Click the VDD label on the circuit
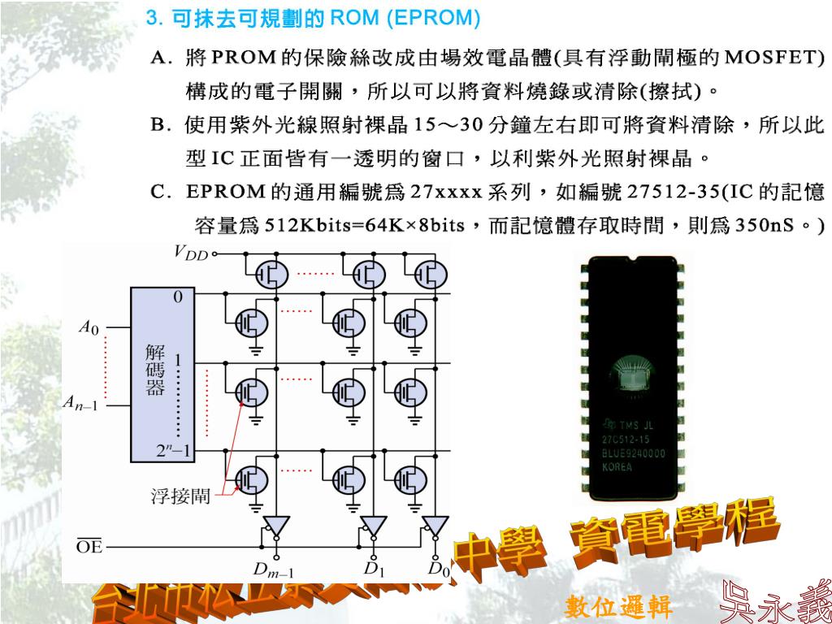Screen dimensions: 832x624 pyautogui.click(x=191, y=252)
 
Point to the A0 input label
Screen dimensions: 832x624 pyautogui.click(x=88, y=328)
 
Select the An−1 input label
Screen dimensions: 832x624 pyautogui.click(x=81, y=403)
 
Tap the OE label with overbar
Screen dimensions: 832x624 pyautogui.click(x=89, y=547)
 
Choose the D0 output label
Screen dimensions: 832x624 pyautogui.click(x=439, y=568)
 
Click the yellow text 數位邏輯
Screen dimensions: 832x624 pyautogui.click(x=618, y=605)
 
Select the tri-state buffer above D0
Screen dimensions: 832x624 pyautogui.click(x=436, y=524)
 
